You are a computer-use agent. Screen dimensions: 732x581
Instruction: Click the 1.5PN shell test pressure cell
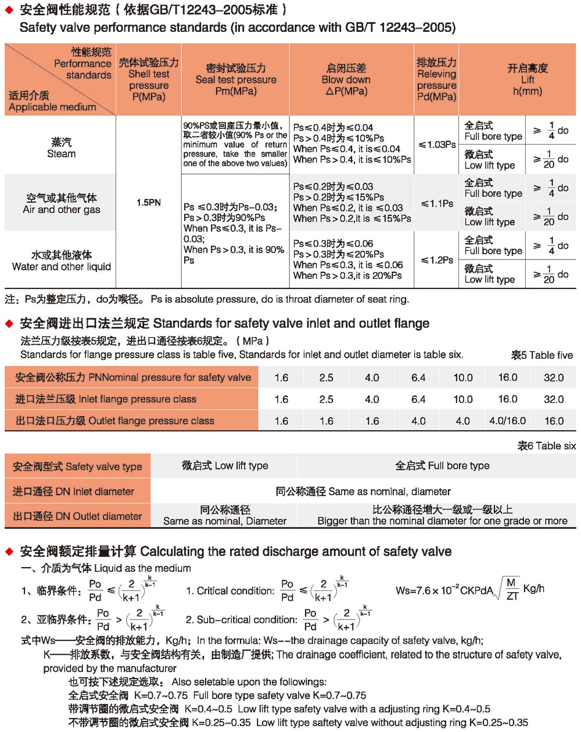click(149, 203)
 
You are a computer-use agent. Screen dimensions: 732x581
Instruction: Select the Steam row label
click(62, 148)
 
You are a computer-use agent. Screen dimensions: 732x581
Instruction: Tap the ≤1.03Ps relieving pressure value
click(437, 145)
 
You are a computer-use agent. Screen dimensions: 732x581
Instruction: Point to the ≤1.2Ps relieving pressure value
click(437, 260)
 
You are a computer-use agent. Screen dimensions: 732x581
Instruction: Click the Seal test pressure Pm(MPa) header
click(236, 80)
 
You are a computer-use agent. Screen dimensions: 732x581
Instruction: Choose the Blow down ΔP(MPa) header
click(346, 80)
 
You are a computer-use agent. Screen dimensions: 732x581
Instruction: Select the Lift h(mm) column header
click(527, 80)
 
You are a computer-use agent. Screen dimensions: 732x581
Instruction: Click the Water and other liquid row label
click(62, 261)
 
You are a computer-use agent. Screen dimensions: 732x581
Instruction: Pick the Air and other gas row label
click(62, 204)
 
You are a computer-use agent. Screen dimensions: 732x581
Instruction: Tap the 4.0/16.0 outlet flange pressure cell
click(507, 421)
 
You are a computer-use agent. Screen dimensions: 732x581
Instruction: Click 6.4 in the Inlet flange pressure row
click(418, 399)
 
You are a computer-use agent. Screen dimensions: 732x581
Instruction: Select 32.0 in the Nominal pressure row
click(553, 378)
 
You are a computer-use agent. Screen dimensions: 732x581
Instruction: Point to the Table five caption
click(542, 355)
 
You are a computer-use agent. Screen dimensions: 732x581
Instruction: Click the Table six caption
click(547, 446)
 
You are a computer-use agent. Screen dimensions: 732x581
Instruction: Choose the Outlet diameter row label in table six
click(77, 516)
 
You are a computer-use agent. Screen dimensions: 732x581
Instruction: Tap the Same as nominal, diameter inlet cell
click(363, 492)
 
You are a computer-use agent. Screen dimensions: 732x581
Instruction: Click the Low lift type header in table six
click(225, 466)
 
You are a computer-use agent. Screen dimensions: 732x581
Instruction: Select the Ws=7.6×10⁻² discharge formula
click(470, 590)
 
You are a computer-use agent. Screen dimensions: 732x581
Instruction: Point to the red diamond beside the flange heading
click(9, 323)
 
